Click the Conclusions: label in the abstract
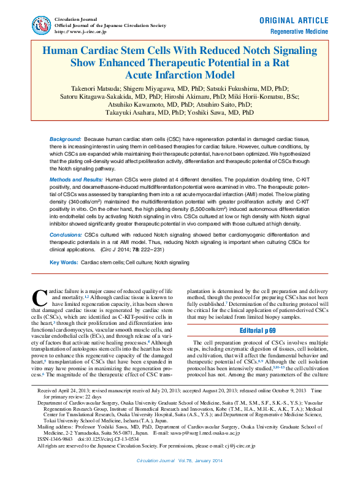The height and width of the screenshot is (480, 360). click(x=66, y=234)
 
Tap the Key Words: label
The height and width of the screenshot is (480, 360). click(x=63, y=262)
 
